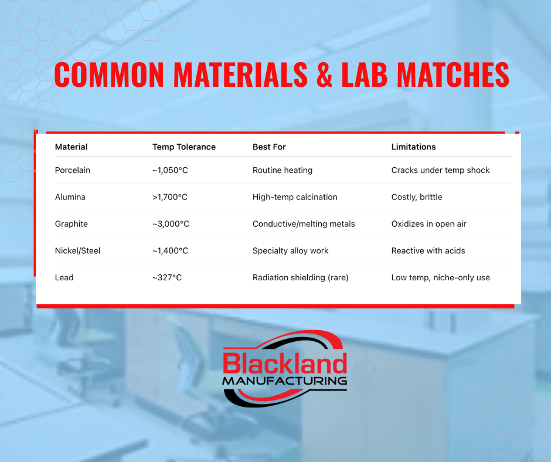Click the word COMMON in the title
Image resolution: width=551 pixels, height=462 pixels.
(109, 74)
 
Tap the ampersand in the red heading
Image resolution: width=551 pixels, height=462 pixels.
(324, 74)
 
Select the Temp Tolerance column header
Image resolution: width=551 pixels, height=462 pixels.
(184, 147)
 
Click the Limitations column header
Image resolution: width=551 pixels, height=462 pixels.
(413, 147)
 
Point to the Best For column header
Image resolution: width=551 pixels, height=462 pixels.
(269, 147)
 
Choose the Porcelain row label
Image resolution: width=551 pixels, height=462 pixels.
(72, 170)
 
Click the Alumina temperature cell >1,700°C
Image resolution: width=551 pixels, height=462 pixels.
(170, 197)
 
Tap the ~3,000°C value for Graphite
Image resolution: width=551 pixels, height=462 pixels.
(171, 224)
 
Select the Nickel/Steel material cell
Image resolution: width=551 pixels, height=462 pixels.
(77, 251)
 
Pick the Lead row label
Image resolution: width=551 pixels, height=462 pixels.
(64, 277)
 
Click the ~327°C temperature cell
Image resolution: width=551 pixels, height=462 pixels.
(167, 277)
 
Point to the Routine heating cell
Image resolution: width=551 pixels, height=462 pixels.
(282, 170)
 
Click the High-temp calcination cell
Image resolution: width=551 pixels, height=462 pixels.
(295, 197)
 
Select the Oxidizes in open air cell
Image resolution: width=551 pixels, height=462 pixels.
(428, 224)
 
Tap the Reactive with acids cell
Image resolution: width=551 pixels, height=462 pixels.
(428, 251)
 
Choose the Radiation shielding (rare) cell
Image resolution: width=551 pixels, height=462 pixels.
(301, 277)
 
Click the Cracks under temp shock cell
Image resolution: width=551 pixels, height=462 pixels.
(440, 170)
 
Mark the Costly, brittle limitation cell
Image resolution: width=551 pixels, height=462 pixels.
(417, 197)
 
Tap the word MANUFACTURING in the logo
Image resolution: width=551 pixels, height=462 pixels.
(285, 381)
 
